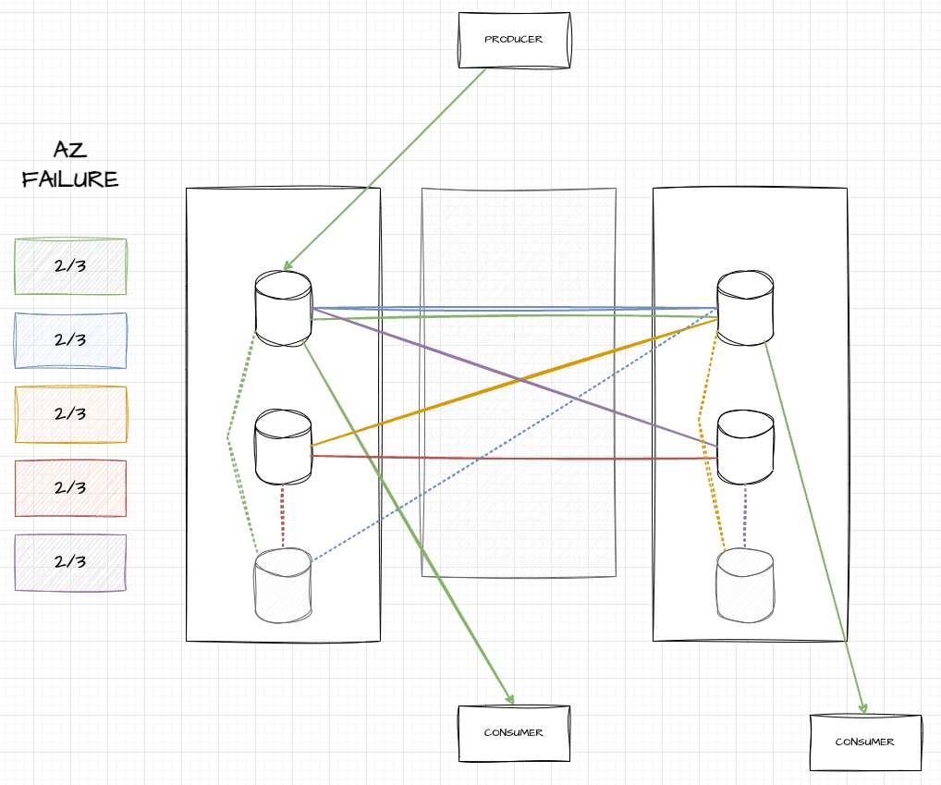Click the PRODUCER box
(514, 40)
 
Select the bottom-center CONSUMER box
(514, 733)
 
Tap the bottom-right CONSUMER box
(865, 742)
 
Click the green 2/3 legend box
(70, 266)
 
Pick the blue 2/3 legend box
(70, 340)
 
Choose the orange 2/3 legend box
(70, 414)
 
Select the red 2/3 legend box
(70, 488)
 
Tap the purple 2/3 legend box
(70, 562)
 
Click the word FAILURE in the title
(70, 178)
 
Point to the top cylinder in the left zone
(283, 308)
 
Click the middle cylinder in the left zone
(283, 448)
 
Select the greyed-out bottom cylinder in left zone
(283, 585)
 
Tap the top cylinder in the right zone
(745, 308)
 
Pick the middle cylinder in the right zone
(745, 448)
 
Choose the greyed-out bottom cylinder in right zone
(745, 585)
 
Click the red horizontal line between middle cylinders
(514, 457)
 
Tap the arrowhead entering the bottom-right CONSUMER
(863, 708)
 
